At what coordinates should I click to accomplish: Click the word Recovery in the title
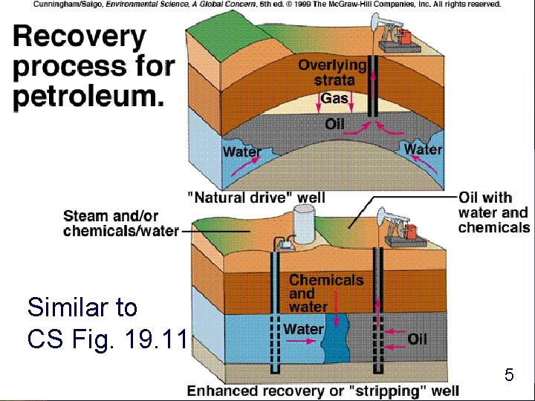(x=80, y=36)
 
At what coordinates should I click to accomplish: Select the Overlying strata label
(x=332, y=73)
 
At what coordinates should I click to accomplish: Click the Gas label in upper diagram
(x=334, y=99)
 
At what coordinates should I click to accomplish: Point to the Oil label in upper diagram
(x=334, y=123)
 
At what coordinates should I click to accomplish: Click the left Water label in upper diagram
(x=242, y=152)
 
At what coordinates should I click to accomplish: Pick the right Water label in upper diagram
(x=423, y=149)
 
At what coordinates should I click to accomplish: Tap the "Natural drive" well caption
(x=256, y=198)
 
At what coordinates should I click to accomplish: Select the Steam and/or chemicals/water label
(x=120, y=224)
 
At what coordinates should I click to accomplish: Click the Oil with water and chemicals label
(x=493, y=212)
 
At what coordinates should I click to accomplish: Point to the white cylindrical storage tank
(x=305, y=221)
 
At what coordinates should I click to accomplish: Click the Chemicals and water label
(x=325, y=293)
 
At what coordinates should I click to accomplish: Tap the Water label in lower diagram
(x=303, y=329)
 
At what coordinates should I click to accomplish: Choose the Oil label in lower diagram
(x=417, y=339)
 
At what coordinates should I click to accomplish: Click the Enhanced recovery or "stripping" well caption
(x=323, y=391)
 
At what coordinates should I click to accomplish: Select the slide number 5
(x=508, y=375)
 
